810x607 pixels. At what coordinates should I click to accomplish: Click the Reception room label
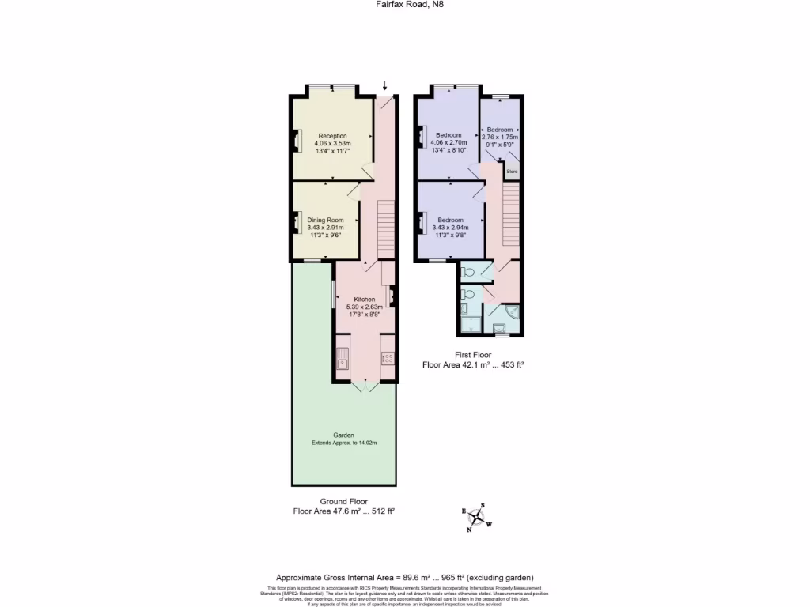tap(332, 136)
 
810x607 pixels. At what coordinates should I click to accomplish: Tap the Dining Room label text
tap(326, 220)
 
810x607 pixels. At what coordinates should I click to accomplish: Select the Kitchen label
tap(364, 300)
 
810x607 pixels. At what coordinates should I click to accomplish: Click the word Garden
tap(343, 435)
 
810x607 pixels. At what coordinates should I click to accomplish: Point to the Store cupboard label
tap(511, 171)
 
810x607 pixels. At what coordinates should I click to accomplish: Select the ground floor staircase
tap(385, 228)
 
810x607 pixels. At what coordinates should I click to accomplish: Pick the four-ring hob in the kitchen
tap(388, 359)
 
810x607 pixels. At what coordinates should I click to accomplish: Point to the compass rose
tap(477, 518)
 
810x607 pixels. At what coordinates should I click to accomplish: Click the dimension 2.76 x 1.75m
tap(500, 137)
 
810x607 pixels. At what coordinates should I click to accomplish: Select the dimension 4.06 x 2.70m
tap(448, 142)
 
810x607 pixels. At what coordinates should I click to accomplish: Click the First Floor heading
tap(474, 355)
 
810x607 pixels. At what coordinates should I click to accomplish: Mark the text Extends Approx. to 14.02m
tap(343, 443)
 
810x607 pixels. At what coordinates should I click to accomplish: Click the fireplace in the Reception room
tap(297, 140)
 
